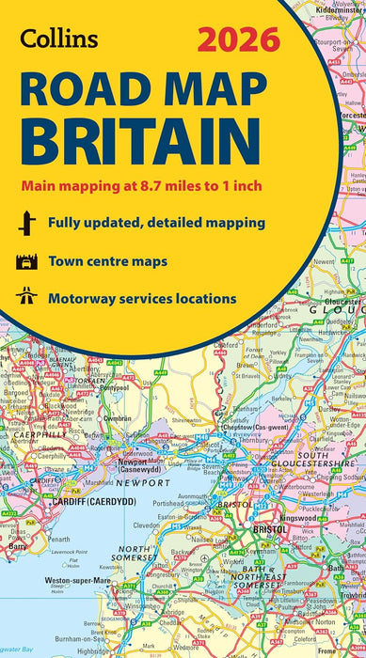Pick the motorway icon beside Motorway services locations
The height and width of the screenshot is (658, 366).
(26, 298)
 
